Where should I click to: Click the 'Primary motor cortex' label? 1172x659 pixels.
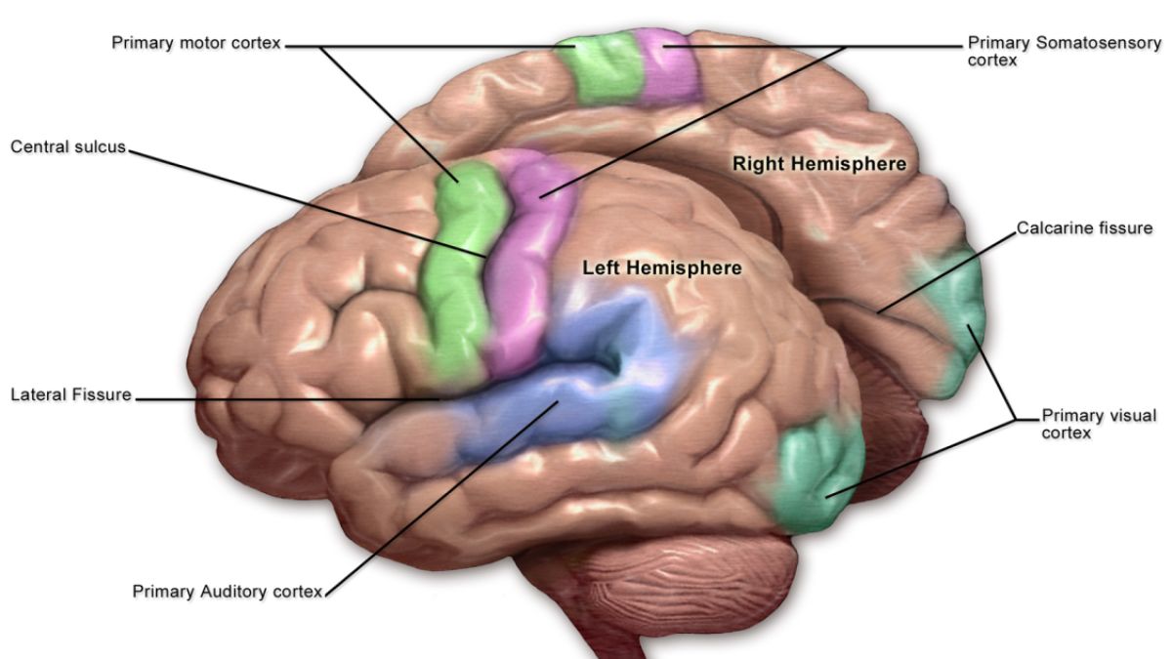coord(196,44)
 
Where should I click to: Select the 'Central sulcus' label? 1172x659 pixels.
coord(68,147)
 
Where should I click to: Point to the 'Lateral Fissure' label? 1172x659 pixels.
coord(70,396)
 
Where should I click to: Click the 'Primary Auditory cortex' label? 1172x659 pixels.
coord(227,592)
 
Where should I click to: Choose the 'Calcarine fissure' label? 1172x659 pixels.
coord(1084,228)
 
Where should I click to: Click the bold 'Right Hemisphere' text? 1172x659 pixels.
coord(818,165)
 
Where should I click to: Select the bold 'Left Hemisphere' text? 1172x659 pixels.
coord(661,268)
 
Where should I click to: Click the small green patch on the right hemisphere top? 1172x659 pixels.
coord(601,68)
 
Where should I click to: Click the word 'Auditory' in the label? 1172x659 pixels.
coord(233,592)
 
